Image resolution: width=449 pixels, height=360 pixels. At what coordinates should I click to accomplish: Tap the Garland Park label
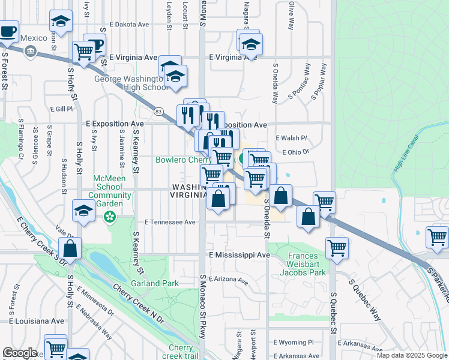point(155,283)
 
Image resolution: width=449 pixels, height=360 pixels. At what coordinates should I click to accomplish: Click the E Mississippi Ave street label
point(240,255)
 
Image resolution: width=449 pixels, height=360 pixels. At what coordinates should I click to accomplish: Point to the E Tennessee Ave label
point(170,222)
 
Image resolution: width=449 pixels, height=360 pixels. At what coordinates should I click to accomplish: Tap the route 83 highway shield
point(158,112)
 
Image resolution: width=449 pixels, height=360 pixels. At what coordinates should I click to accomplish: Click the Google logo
point(20,353)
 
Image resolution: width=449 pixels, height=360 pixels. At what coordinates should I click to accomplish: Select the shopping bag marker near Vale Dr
point(70,248)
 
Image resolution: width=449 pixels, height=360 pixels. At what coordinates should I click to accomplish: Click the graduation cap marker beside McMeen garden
point(83,211)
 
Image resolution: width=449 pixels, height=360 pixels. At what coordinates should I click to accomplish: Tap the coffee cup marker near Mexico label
point(8,31)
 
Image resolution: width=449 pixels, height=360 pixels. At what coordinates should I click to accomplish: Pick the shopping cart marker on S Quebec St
point(337,247)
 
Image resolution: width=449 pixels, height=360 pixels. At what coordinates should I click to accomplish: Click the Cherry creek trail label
point(181,352)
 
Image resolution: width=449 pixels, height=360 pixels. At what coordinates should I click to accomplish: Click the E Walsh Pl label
point(291,138)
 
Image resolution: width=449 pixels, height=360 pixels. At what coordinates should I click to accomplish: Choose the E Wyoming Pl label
point(294,343)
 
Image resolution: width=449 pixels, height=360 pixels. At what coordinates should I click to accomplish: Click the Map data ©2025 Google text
point(411,355)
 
